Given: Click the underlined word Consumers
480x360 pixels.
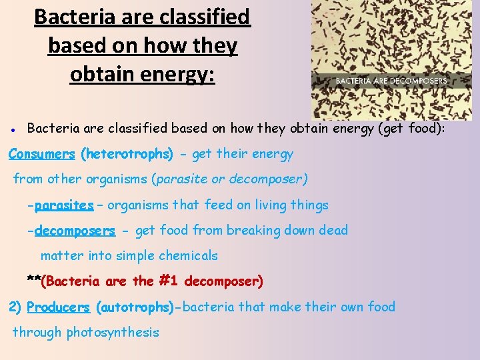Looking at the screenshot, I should pyautogui.click(x=41, y=154).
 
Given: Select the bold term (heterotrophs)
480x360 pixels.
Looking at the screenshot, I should pyautogui.click(x=127, y=154).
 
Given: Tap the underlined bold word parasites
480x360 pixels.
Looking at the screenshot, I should pyautogui.click(x=64, y=205).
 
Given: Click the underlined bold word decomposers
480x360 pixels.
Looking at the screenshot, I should pyautogui.click(x=75, y=231).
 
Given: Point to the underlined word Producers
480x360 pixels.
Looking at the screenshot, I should pyautogui.click(x=58, y=307).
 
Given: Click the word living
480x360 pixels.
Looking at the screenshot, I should pyautogui.click(x=267, y=205).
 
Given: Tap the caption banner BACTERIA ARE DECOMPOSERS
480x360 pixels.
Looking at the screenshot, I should pyautogui.click(x=391, y=81).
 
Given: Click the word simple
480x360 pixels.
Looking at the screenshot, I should pyautogui.click(x=131, y=256).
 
